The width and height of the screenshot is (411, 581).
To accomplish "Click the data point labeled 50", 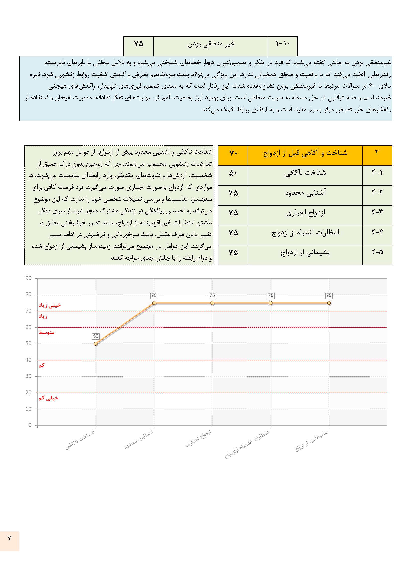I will [x=96, y=344].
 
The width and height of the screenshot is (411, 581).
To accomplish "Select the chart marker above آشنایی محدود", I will [x=154, y=303].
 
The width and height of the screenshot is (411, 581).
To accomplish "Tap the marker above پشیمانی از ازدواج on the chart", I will [x=329, y=303].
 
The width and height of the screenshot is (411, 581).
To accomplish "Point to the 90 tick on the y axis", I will [x=28, y=278].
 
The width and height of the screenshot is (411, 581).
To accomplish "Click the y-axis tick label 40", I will [x=28, y=360].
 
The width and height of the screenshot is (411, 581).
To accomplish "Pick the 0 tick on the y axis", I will [x=30, y=425].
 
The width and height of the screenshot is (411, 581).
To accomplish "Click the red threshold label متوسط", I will [x=46, y=332].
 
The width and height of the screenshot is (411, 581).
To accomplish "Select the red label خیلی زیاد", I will [x=50, y=305].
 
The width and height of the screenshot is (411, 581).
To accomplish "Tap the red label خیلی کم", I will [x=48, y=398].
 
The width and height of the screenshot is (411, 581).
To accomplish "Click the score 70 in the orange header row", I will [x=233, y=153].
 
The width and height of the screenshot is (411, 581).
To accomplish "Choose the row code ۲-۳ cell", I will [x=377, y=212].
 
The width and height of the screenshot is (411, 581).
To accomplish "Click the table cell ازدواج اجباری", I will [x=305, y=213].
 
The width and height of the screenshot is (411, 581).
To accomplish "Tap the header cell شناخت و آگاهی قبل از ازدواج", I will [x=305, y=153].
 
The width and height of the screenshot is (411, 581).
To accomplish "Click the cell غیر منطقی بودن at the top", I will [x=211, y=44].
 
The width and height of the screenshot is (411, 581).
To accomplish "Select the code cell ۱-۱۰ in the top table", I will [x=283, y=43].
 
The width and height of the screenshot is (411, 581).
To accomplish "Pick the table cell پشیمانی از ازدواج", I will [x=305, y=252].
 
